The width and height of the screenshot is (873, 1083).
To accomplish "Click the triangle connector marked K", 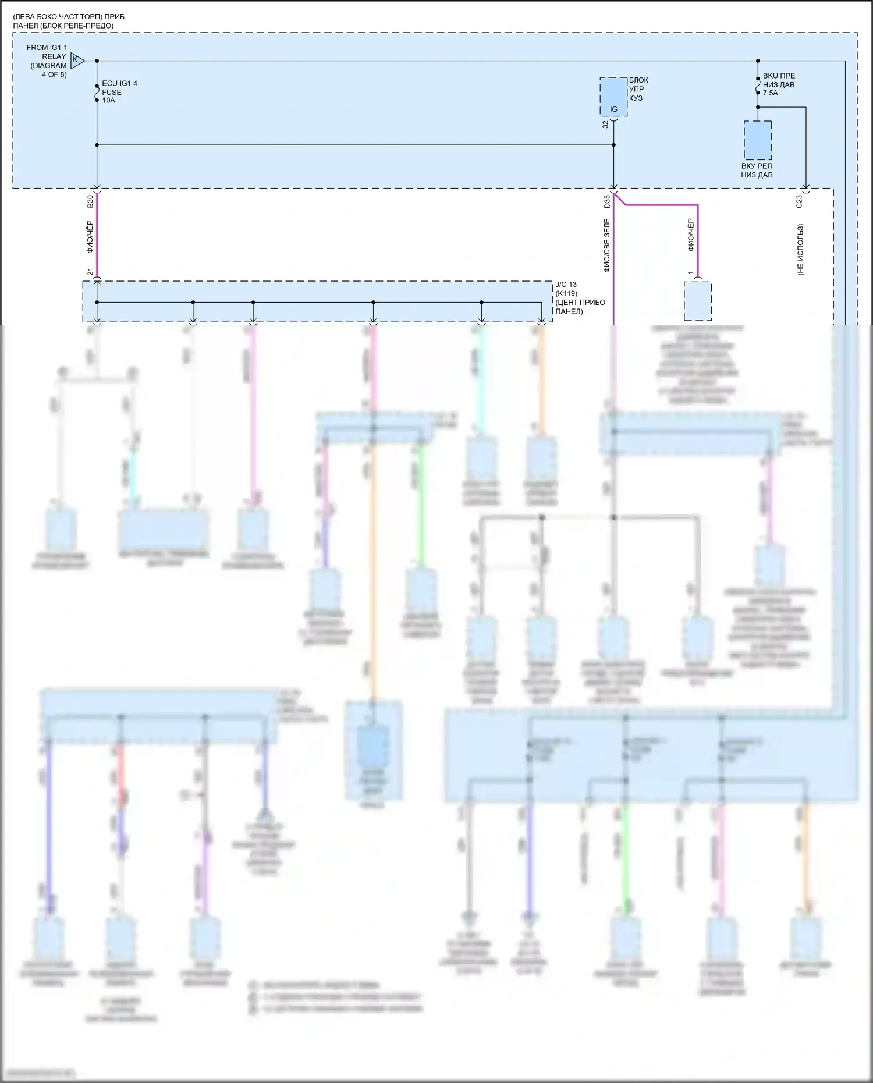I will click(77, 60).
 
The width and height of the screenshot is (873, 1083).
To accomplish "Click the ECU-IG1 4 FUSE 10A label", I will click(119, 92).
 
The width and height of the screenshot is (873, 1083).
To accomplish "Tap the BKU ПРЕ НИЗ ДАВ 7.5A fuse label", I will click(779, 84).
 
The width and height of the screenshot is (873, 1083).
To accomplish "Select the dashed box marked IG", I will click(613, 97).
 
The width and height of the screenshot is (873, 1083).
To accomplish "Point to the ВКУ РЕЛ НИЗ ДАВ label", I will click(757, 171).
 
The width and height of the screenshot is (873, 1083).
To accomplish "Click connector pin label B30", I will click(90, 201).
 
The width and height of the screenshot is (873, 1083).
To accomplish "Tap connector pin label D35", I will click(607, 201).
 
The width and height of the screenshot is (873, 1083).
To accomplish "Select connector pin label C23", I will click(799, 201).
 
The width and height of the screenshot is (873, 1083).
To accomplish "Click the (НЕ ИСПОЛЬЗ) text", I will click(801, 250).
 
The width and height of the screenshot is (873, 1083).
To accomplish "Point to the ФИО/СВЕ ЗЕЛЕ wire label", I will click(606, 246).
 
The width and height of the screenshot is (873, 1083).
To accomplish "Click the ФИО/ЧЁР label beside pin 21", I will click(90, 237).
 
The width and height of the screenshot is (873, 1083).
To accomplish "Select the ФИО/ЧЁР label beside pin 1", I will click(691, 235).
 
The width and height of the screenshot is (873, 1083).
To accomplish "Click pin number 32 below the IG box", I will click(605, 124).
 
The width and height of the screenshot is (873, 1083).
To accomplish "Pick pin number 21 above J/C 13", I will click(90, 272).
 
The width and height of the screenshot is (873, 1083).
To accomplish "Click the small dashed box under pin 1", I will click(697, 301).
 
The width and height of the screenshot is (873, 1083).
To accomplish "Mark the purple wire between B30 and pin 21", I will click(97, 236).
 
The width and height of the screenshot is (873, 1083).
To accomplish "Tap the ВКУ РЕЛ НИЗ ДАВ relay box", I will click(758, 140).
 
